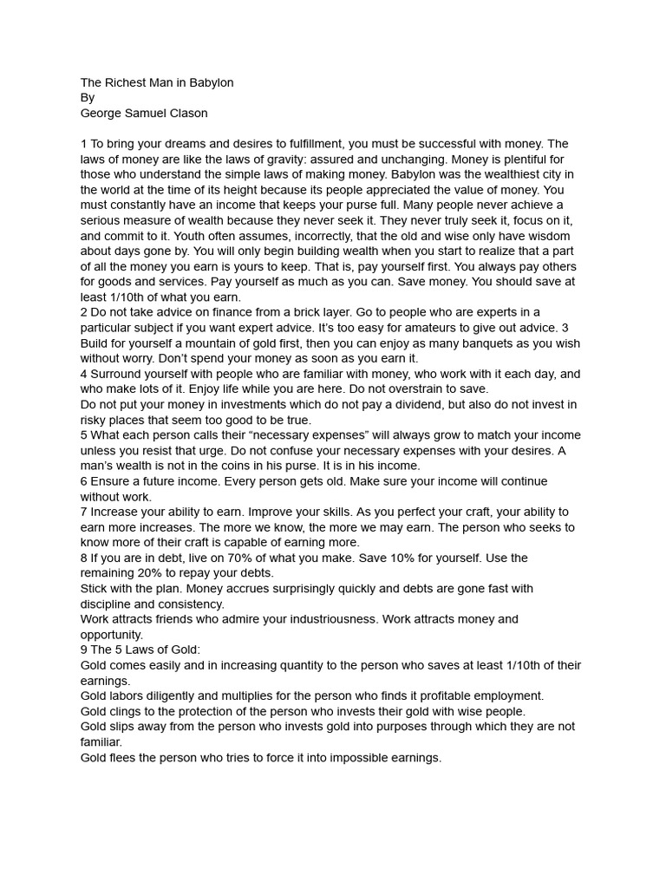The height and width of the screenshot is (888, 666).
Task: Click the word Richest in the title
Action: [x=126, y=82]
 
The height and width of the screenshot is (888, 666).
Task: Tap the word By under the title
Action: [x=88, y=98]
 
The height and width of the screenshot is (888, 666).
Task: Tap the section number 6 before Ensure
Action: [x=84, y=481]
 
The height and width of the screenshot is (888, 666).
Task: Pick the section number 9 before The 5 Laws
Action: [x=84, y=650]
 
